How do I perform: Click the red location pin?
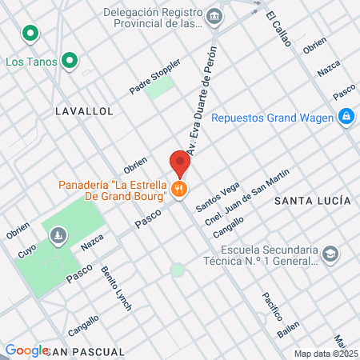pos(180,162)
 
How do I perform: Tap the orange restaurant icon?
pos(180,190)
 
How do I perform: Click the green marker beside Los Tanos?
pos(70,59)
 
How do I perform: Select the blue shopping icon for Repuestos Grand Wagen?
pos(346,118)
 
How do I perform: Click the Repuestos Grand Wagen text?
pos(273,118)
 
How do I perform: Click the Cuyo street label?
pos(26,250)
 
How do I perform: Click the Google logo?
pos(26,350)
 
